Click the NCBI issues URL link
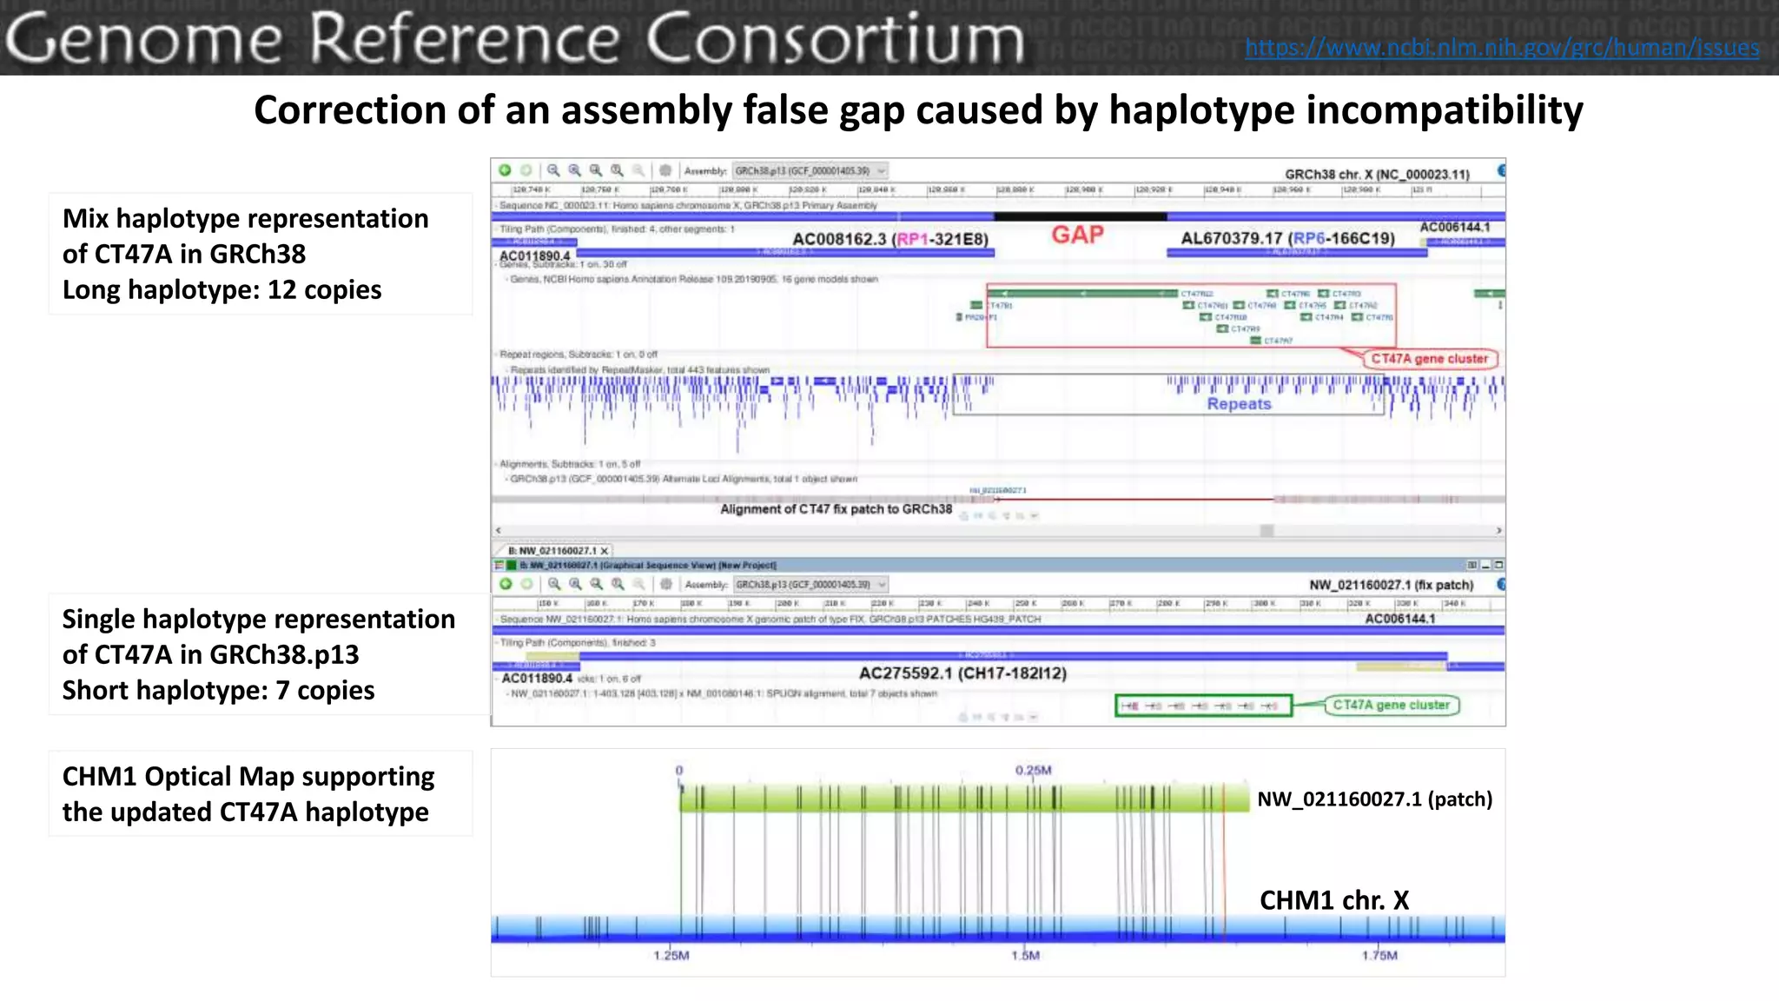click(x=1502, y=47)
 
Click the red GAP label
click(x=1077, y=235)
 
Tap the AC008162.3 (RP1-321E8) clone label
click(x=890, y=239)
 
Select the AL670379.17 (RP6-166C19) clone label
click(x=1287, y=238)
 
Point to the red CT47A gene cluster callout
click(x=1429, y=359)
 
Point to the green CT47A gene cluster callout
click(x=1391, y=705)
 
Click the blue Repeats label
click(x=1239, y=404)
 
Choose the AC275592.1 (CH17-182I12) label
click(x=962, y=673)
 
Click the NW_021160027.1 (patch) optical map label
click(x=1374, y=799)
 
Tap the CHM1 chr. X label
click(x=1334, y=900)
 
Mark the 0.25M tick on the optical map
click(x=1033, y=771)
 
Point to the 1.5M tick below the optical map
click(x=1025, y=956)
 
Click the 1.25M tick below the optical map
click(x=671, y=956)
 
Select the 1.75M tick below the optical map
click(x=1379, y=956)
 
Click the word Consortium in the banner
click(x=835, y=39)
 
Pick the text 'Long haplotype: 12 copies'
click(x=222, y=289)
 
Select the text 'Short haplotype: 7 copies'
click(x=218, y=690)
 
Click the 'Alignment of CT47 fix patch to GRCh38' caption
click(x=836, y=509)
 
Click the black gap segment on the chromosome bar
click(x=1080, y=216)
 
